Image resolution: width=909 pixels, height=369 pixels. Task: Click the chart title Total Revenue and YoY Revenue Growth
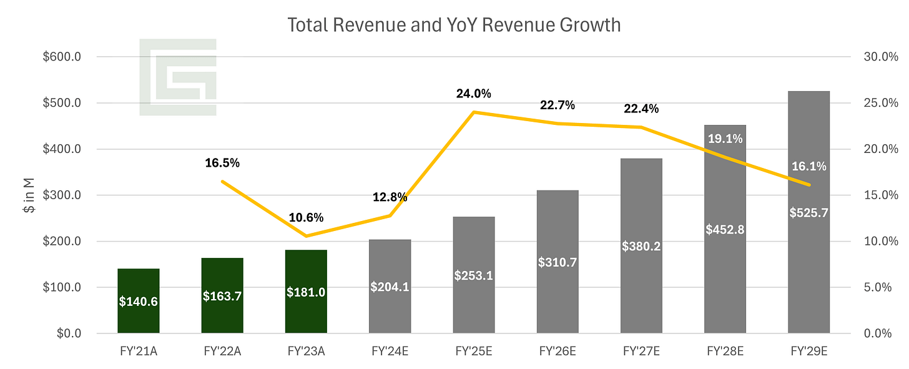454,25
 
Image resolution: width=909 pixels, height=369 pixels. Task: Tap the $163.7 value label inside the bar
222,297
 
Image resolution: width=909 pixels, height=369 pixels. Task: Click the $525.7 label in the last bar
808,212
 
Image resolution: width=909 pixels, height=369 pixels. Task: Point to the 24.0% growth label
473,94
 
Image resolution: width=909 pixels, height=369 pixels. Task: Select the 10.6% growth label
306,218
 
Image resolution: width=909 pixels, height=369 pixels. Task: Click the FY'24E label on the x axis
390,350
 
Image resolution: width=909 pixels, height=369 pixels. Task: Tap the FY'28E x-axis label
725,350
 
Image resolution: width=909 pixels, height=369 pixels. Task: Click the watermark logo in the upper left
178,77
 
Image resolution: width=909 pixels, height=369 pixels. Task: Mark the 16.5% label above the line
222,163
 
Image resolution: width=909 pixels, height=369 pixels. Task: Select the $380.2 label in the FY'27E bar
641,246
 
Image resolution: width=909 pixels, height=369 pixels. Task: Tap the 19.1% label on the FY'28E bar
725,139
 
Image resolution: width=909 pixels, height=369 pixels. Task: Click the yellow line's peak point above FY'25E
474,112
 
